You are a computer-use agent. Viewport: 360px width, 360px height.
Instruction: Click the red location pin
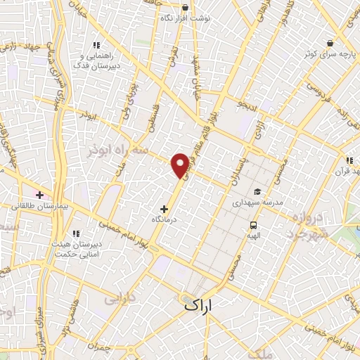coord(181,164)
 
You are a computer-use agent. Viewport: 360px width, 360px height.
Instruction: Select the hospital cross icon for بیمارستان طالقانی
coord(39,194)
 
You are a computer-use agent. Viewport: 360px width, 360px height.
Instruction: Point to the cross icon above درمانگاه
coord(165,209)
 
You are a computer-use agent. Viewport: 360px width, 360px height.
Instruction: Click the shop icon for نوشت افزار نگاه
coord(185,8)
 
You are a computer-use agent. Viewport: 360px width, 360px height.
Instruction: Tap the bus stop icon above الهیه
coord(252,226)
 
